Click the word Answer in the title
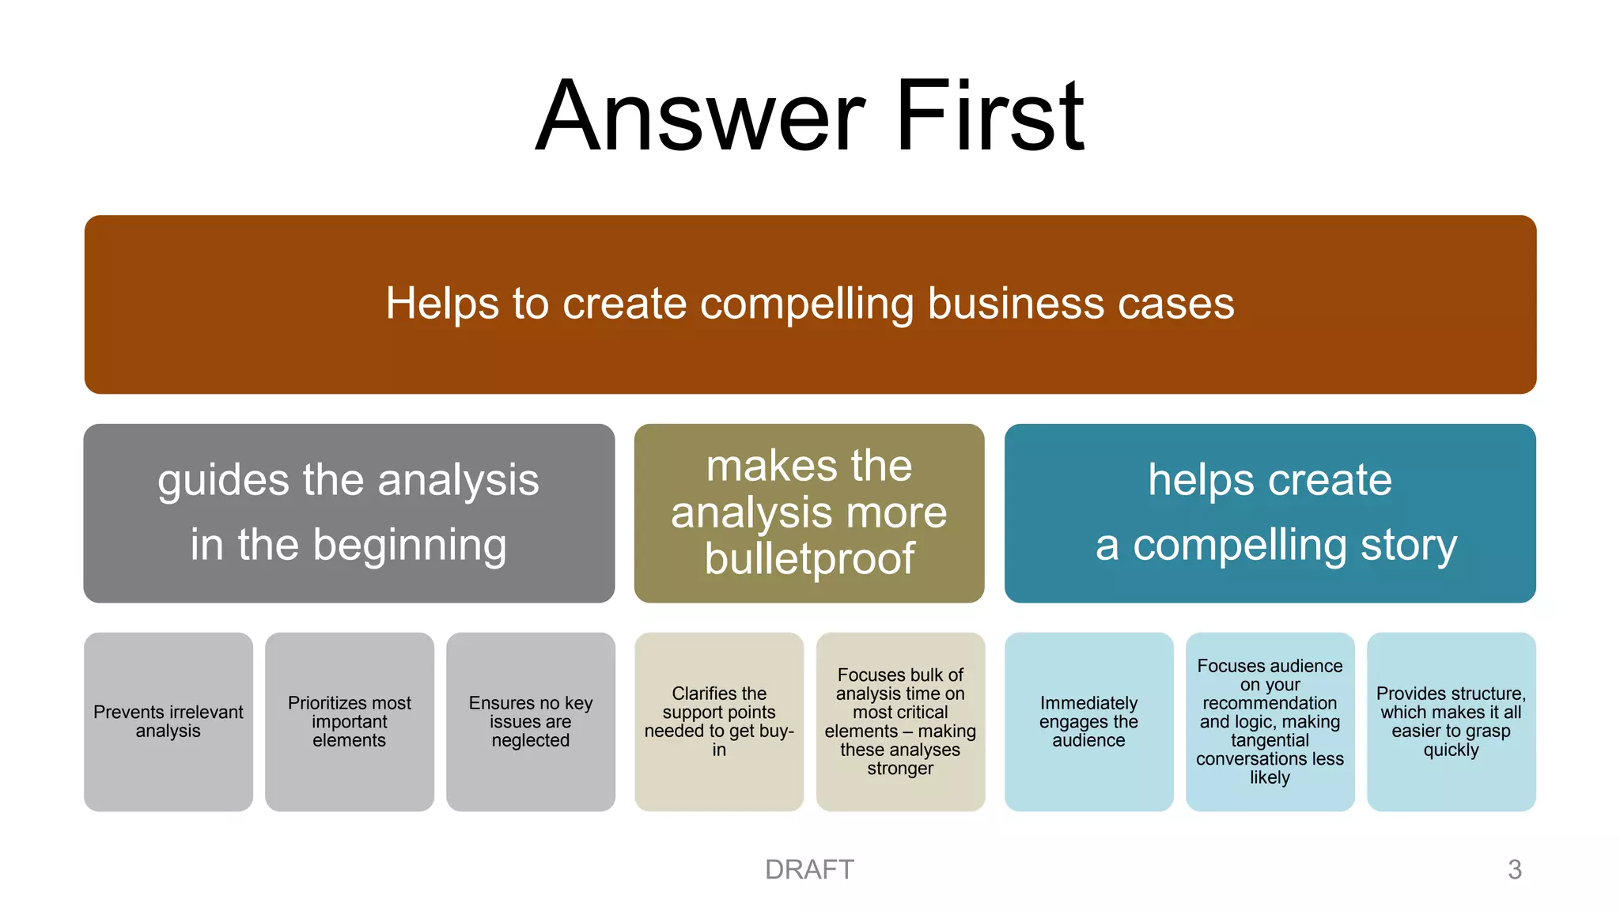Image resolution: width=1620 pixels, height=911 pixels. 700,117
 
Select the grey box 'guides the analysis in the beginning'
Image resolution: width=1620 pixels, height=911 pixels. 349,513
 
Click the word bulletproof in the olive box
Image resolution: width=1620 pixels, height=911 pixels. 809,560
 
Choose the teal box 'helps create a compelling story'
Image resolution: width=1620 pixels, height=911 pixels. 1270,513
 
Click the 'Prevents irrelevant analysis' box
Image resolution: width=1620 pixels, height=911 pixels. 168,721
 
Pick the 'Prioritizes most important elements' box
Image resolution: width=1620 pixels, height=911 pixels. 350,721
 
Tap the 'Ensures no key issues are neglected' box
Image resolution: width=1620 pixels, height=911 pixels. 531,721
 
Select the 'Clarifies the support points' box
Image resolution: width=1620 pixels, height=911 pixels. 719,721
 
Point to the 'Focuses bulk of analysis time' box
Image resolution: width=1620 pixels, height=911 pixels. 900,721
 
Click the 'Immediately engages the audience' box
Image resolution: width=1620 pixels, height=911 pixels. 1088,721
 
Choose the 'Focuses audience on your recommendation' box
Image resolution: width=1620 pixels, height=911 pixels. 1270,721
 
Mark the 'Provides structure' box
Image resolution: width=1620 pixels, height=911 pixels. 1451,721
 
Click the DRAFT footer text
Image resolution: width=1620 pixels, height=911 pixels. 809,870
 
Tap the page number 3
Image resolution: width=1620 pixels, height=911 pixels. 1515,870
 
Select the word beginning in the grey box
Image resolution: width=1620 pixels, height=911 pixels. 409,546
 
